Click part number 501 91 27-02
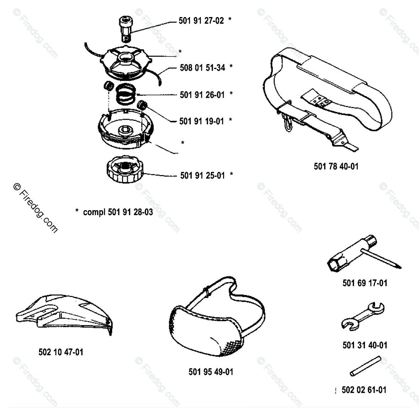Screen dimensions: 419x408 coord(202,21)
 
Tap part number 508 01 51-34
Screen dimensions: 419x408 coord(202,67)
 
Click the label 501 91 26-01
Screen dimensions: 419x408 coord(202,95)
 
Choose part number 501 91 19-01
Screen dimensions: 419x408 coord(202,121)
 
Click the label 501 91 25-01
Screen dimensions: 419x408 coord(202,175)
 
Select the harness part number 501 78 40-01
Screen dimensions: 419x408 coord(336,166)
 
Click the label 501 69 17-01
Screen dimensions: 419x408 coord(365,283)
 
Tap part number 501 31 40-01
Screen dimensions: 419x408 coord(365,345)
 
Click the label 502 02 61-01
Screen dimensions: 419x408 coord(364,390)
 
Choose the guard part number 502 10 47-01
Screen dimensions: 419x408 coord(61,352)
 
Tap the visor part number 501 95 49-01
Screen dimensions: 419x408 coord(211,372)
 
